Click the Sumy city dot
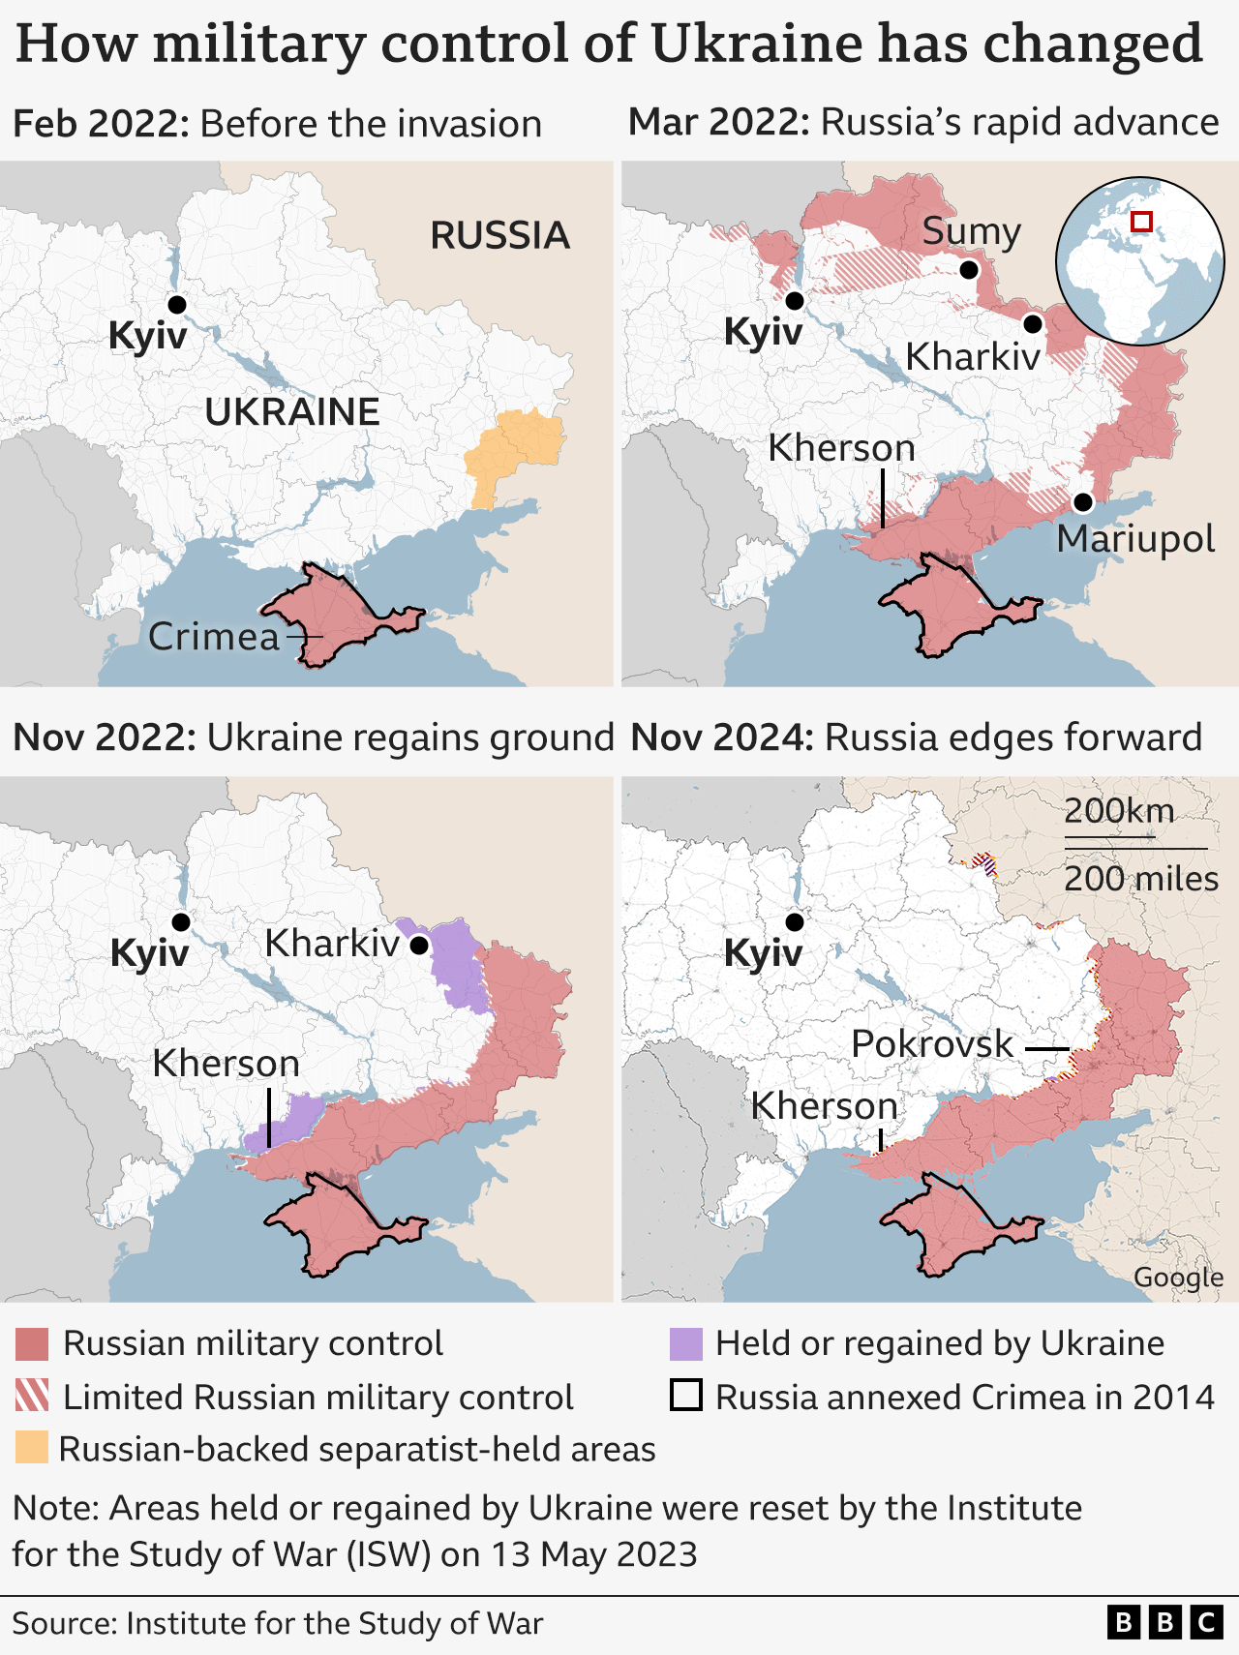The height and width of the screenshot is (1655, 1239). pyautogui.click(x=969, y=270)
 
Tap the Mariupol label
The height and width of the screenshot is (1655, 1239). pyautogui.click(x=1134, y=539)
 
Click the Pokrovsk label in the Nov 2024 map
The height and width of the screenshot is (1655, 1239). pyautogui.click(x=931, y=1044)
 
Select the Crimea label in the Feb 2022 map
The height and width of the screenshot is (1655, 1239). pyautogui.click(x=213, y=637)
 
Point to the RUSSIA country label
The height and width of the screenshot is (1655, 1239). pyautogui.click(x=499, y=235)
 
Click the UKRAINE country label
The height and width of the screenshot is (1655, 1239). pyautogui.click(x=291, y=412)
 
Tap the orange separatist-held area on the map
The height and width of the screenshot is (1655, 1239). pyautogui.click(x=514, y=451)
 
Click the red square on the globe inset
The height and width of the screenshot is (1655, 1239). pyautogui.click(x=1141, y=222)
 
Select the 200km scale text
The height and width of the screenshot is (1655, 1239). pyautogui.click(x=1119, y=810)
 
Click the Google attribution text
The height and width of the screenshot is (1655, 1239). pyautogui.click(x=1178, y=1278)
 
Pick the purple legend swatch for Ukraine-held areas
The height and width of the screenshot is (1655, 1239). pyautogui.click(x=685, y=1344)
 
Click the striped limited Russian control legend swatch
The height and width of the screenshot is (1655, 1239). pyautogui.click(x=32, y=1397)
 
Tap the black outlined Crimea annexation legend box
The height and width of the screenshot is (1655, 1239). pyautogui.click(x=685, y=1397)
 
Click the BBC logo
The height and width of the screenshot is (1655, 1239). pyautogui.click(x=1164, y=1623)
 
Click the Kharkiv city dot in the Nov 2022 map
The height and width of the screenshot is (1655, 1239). pyautogui.click(x=418, y=946)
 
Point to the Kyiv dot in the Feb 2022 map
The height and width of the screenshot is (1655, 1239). pyautogui.click(x=176, y=305)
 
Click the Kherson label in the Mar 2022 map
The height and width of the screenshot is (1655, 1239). pyautogui.click(x=840, y=448)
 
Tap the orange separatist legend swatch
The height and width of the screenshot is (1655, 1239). pyautogui.click(x=32, y=1448)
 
